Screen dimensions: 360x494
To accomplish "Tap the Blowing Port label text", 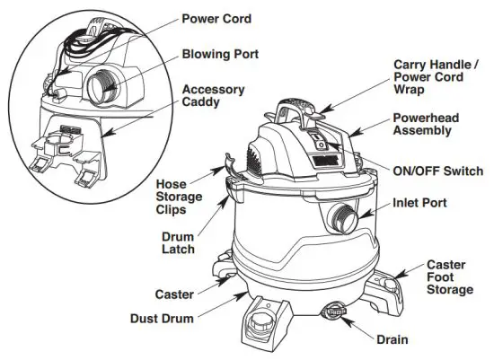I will tap(221, 54).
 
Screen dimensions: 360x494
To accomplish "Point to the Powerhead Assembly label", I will tap(428, 124).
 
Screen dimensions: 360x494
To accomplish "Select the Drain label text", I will tap(392, 339).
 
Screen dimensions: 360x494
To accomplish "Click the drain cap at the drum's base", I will tap(334, 311).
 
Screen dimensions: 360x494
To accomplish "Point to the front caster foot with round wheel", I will tap(263, 319).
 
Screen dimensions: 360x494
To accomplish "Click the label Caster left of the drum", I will tap(174, 294).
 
